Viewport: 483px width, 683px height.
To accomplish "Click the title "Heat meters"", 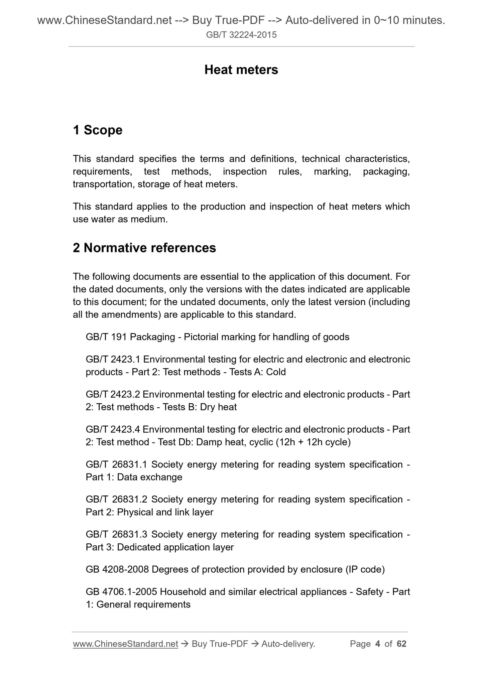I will (x=241, y=70).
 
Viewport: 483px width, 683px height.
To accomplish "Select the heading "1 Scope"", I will (x=98, y=130).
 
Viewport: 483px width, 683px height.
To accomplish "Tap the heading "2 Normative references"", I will (x=144, y=248).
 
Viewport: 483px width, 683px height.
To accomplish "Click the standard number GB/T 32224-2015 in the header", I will (x=241, y=35).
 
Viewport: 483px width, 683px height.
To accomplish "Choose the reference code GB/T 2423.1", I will (x=113, y=359).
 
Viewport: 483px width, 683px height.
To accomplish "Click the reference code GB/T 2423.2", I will (x=113, y=394).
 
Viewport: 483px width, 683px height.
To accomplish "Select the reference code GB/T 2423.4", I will (x=113, y=429).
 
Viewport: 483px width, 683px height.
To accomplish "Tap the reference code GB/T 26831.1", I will (x=117, y=464).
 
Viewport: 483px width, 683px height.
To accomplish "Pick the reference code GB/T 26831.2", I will (x=117, y=499).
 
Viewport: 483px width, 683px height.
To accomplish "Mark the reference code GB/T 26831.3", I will (x=117, y=534).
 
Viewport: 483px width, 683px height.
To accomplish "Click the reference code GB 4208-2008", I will (x=117, y=569).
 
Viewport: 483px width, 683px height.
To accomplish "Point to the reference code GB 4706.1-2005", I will (x=121, y=592).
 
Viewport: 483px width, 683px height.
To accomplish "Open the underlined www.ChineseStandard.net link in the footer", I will (x=125, y=644).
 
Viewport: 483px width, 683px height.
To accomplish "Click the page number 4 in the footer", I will (x=378, y=644).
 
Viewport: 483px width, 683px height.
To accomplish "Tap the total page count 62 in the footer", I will (x=401, y=644).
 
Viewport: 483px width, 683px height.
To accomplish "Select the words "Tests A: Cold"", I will (x=257, y=372).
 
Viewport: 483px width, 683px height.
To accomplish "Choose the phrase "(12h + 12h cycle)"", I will (x=313, y=442).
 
